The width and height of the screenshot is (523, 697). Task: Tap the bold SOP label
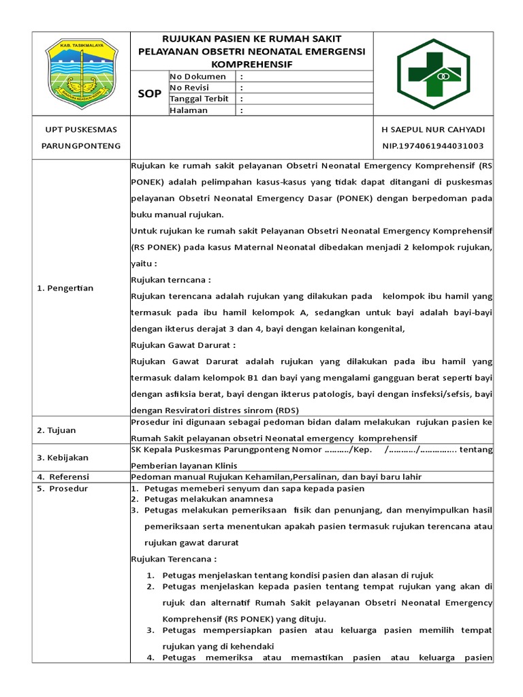(150, 93)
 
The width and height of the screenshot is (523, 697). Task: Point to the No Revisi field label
(193, 88)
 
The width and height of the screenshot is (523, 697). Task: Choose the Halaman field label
(189, 110)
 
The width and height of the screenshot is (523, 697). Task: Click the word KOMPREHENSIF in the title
(251, 64)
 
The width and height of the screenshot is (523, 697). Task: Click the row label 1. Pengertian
(65, 288)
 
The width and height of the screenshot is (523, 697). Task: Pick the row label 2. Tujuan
(57, 430)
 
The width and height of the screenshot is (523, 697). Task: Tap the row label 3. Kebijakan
(63, 457)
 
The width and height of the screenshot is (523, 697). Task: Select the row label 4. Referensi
(63, 476)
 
